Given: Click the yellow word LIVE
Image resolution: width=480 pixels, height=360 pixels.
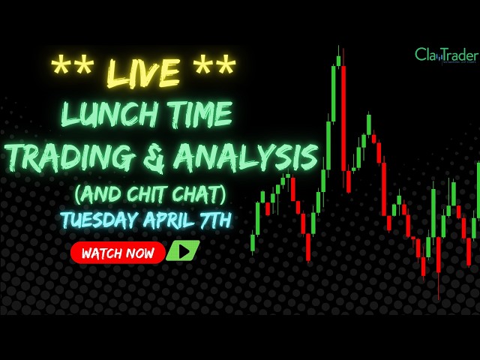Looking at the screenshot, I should tap(143, 72).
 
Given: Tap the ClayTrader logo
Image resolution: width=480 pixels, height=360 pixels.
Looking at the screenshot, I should tap(447, 55).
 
